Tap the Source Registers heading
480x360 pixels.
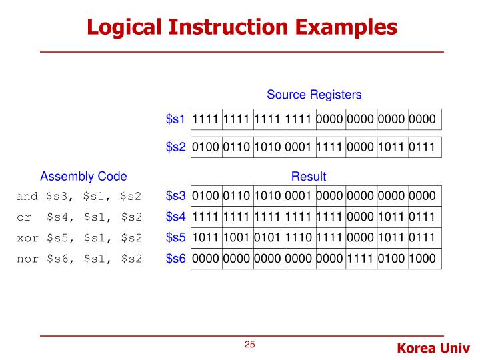[314, 95]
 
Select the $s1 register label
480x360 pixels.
[175, 120]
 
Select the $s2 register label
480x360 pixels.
[175, 147]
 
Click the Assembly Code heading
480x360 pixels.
[83, 177]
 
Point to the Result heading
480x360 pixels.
[309, 177]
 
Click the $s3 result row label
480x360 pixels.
[175, 196]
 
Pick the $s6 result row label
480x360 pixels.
[175, 259]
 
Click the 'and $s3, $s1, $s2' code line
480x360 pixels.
[79, 196]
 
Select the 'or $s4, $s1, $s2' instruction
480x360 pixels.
[79, 217]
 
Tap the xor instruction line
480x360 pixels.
[79, 238]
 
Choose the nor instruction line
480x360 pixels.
[79, 259]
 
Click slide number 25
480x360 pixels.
[250, 345]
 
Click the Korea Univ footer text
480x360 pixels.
[433, 347]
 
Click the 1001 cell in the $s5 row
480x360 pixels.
[237, 238]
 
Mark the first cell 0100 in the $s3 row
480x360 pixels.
[205, 196]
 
